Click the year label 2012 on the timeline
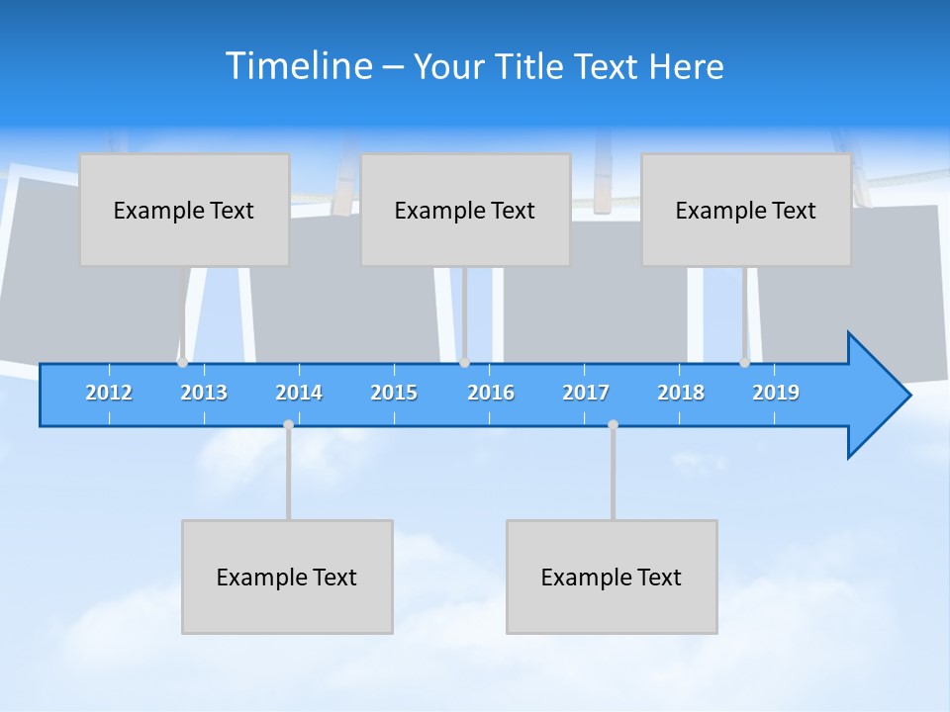coord(109,393)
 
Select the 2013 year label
coord(204,393)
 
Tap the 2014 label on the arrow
coord(299,393)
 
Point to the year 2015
coord(394,393)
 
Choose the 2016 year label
coord(491,393)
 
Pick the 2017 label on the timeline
coord(586,393)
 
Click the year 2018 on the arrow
coord(681,393)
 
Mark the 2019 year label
coord(776,393)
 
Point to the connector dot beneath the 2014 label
coord(288,424)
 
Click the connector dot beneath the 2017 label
coord(613,424)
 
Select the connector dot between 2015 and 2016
coord(464,363)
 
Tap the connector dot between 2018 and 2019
coord(744,363)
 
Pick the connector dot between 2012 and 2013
coord(182,363)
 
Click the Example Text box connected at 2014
coord(287,577)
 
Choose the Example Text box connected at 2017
coord(612,577)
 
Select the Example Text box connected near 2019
coord(746,210)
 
